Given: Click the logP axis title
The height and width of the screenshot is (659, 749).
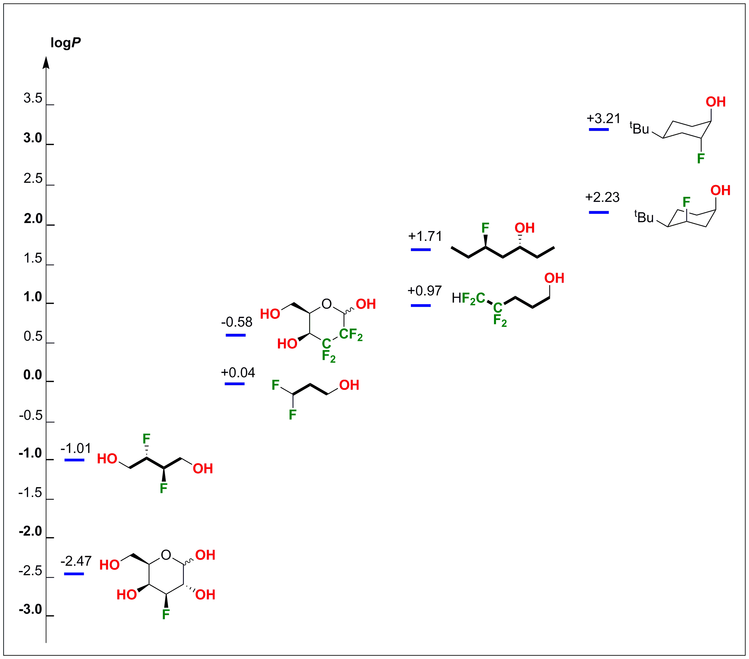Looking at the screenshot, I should (x=66, y=43).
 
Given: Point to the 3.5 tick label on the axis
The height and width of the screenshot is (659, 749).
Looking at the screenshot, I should (x=33, y=98).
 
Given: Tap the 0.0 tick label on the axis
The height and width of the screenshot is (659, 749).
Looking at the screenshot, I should (x=33, y=375).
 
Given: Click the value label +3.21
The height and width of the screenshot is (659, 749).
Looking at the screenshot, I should (x=603, y=118).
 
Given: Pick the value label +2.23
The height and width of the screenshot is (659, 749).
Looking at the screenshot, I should (x=602, y=197).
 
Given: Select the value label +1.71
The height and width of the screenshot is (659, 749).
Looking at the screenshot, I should (x=425, y=236).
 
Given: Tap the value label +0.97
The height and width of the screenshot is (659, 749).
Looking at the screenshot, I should (x=425, y=291).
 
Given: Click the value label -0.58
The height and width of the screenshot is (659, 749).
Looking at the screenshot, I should (x=237, y=322).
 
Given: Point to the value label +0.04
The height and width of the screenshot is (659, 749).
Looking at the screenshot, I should (x=238, y=372).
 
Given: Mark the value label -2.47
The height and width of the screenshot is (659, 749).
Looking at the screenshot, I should (x=76, y=561).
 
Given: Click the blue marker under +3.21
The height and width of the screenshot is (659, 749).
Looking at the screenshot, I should (x=599, y=129).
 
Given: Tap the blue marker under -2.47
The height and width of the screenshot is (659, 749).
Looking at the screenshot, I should (x=74, y=574).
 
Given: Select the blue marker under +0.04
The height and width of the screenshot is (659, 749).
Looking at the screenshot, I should (x=235, y=384).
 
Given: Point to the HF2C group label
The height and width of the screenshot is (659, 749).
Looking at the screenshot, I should (x=468, y=298).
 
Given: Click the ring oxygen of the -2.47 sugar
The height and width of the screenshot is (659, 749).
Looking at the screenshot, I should (x=166, y=555).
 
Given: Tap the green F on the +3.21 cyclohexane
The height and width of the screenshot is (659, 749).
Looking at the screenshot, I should (x=701, y=158).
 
